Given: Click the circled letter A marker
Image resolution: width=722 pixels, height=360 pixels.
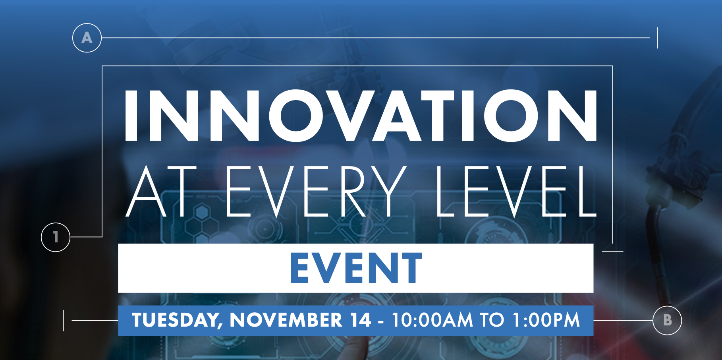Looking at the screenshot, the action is tap(87, 38).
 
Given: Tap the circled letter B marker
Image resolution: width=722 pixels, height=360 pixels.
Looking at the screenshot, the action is tap(667, 320).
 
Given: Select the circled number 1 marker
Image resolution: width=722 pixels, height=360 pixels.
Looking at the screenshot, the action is tap(56, 237).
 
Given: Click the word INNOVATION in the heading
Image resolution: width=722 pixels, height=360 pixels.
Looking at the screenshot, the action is tap(361, 116).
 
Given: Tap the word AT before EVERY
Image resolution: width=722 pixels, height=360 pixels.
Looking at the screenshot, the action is tap(161, 192).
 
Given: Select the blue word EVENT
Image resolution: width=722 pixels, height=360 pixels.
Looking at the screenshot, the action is tap(356, 268).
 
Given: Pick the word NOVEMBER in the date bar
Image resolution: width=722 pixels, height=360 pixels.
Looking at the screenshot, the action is tap(286, 320).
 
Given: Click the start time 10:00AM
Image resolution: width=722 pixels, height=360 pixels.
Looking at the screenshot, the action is tap(432, 320).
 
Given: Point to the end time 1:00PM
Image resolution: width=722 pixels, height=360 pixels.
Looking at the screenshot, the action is tap(546, 320).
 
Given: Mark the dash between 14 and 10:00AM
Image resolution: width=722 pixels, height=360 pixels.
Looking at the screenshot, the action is tap(381, 321).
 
